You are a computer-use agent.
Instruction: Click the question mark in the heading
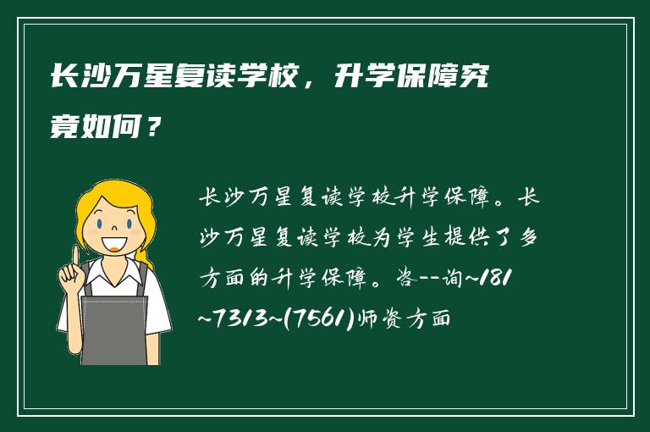152,130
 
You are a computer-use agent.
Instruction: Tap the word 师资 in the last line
383,319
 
